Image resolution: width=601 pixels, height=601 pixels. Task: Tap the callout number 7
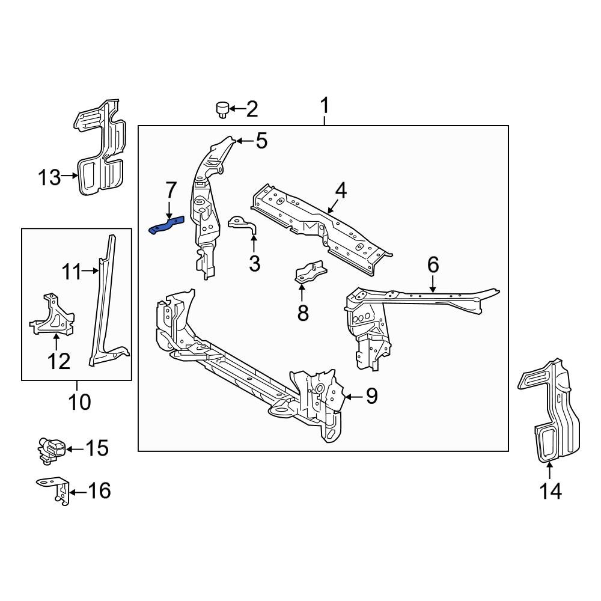coord(170,191)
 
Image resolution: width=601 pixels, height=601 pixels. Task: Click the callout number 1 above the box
coord(325,107)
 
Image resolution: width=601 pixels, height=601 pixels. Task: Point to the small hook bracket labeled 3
coord(243,225)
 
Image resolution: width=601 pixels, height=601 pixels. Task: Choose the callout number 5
coord(261,141)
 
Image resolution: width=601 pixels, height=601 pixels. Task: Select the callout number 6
coord(433,264)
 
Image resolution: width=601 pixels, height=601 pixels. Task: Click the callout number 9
coord(371,397)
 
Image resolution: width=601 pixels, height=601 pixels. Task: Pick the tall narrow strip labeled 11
coord(106,300)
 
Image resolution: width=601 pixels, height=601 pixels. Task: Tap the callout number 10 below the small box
coord(79,401)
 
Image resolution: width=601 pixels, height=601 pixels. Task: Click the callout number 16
coord(99,492)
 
